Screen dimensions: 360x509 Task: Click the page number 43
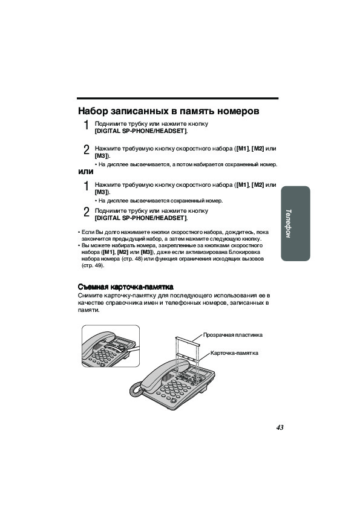(x=280, y=427)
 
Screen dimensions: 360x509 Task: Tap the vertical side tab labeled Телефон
(x=295, y=223)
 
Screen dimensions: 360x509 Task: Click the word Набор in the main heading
(x=93, y=111)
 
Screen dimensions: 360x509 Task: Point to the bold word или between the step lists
(x=86, y=172)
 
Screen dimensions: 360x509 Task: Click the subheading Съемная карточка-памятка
(x=125, y=287)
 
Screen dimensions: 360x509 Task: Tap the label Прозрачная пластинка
(x=232, y=335)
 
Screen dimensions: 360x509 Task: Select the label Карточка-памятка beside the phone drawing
(x=234, y=353)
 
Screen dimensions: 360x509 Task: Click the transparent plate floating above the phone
(x=188, y=340)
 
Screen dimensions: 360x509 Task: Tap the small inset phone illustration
(x=111, y=346)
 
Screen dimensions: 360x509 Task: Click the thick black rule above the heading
(x=178, y=98)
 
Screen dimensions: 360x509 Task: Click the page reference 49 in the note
(x=98, y=265)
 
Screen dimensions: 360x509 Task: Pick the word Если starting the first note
(x=87, y=232)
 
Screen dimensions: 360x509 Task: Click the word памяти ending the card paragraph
(x=88, y=310)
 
